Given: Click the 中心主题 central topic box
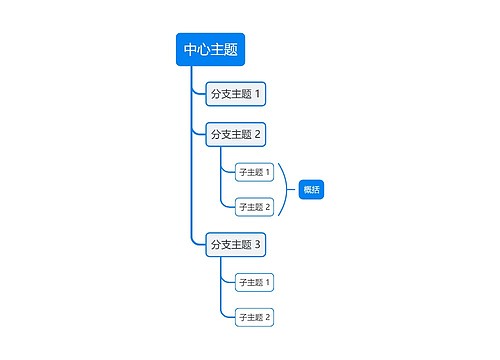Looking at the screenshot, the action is point(210,49).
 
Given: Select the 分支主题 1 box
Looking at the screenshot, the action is point(235,95).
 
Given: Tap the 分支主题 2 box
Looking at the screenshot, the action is point(235,134).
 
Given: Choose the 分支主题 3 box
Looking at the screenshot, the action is point(235,244).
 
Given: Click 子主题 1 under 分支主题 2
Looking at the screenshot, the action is point(254,172).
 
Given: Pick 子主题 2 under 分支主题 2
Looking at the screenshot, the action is point(254,207).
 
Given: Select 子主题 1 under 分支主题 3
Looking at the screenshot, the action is point(254,282).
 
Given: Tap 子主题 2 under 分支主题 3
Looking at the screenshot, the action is point(254,317).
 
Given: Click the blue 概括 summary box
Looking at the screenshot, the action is point(312,190).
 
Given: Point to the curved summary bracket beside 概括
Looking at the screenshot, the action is point(287,190).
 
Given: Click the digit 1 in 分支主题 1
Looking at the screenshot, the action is point(257,95).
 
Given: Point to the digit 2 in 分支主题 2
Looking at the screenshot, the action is point(257,134).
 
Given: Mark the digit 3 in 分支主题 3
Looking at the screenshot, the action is point(257,244).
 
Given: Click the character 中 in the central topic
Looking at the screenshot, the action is point(190,49).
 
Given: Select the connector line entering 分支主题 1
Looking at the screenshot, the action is point(198,95).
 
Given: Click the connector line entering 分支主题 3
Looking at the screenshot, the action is point(198,243).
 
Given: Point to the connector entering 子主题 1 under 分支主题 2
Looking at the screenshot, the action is point(227,172).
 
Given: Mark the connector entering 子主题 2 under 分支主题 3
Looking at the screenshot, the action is point(227,317).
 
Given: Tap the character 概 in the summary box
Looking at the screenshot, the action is point(308,190).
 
